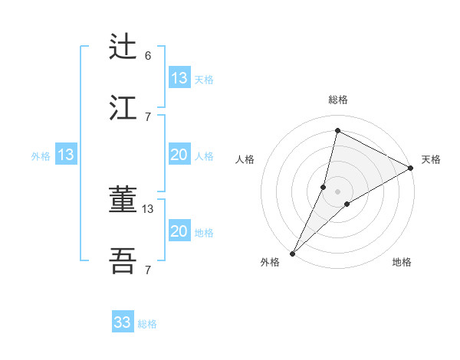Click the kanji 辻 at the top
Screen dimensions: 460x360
tap(123, 47)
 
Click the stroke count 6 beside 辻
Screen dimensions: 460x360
tap(148, 55)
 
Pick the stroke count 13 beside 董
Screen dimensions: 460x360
tap(148, 208)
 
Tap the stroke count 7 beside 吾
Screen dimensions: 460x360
tap(148, 270)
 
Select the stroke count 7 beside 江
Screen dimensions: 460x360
tap(148, 116)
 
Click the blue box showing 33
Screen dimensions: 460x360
tap(123, 322)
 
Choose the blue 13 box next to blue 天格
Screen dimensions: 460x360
tap(179, 78)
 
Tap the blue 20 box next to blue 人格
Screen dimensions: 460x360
tap(179, 155)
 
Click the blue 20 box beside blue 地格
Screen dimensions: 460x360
tap(179, 231)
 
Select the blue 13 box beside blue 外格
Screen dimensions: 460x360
tap(66, 155)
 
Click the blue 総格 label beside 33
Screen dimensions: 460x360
tap(147, 324)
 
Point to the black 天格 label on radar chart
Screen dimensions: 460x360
tap(431, 159)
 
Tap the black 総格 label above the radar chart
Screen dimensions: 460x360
tap(337, 100)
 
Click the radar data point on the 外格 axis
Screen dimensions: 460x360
tap(292, 253)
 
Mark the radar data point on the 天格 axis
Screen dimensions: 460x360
tap(411, 169)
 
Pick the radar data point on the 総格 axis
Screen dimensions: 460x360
tap(337, 130)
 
